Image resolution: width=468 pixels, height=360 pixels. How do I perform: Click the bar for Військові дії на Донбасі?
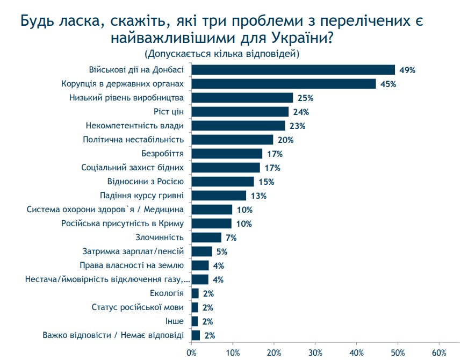(293, 70)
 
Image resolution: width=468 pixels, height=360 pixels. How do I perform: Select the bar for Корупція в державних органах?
(284, 84)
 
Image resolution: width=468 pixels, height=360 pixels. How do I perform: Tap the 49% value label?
(407, 70)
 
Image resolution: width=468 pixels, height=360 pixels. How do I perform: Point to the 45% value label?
(388, 84)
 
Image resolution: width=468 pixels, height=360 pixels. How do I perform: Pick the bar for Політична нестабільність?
(232, 140)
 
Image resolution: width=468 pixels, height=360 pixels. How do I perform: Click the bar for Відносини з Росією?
(222, 182)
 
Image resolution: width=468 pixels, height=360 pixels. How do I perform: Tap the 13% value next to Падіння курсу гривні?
(258, 196)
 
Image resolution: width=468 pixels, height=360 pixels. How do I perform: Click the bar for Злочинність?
(206, 237)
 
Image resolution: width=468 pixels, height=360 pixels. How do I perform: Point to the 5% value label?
(222, 251)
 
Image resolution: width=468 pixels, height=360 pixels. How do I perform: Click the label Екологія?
(167, 293)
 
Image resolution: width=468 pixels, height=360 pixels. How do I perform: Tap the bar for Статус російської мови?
(195, 307)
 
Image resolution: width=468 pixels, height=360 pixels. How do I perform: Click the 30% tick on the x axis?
(315, 353)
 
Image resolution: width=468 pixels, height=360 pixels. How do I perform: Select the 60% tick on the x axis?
(439, 353)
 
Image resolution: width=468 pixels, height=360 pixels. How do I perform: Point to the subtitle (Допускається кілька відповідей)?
(221, 54)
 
